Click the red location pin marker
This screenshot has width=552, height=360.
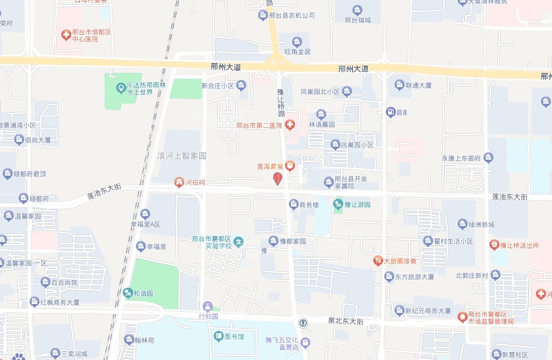tap(278, 179)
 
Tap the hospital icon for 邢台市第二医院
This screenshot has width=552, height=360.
tap(290, 125)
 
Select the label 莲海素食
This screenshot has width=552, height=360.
tap(270, 165)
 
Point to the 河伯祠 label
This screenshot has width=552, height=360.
tap(195, 182)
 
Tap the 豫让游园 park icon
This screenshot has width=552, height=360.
tap(338, 205)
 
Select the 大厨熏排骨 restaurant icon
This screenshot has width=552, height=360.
tap(378, 261)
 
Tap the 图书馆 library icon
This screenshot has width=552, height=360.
tap(218, 335)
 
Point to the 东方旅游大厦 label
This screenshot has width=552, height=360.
tap(414, 277)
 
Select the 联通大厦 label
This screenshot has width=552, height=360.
tap(418, 85)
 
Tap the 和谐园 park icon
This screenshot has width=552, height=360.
tap(127, 293)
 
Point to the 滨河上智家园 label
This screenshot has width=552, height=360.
tap(181, 156)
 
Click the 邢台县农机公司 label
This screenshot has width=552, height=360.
tap(292, 15)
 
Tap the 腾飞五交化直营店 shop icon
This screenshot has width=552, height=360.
tap(305, 343)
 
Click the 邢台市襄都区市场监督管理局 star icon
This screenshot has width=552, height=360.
tap(463, 316)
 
